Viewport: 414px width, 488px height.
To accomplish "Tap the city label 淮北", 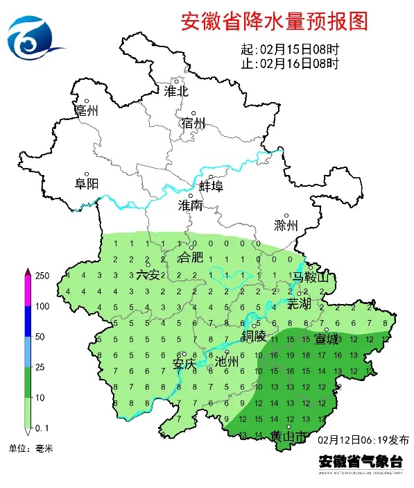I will [x=175, y=91].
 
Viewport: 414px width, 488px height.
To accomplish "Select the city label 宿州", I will [x=193, y=124].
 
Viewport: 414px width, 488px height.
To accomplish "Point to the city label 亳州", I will [x=87, y=110].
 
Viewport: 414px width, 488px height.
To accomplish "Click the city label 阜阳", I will [x=87, y=184].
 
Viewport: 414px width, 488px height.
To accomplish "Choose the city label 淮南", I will [x=190, y=205].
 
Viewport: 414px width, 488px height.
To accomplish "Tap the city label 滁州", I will [x=285, y=226].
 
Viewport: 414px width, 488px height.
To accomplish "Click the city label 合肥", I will [x=191, y=258].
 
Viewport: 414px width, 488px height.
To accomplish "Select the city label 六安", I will [x=148, y=274].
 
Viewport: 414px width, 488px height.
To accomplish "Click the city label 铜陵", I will [x=253, y=337].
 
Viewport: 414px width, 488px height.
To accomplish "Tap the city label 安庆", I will [x=184, y=362].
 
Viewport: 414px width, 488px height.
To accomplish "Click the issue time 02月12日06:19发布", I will [x=364, y=440].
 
